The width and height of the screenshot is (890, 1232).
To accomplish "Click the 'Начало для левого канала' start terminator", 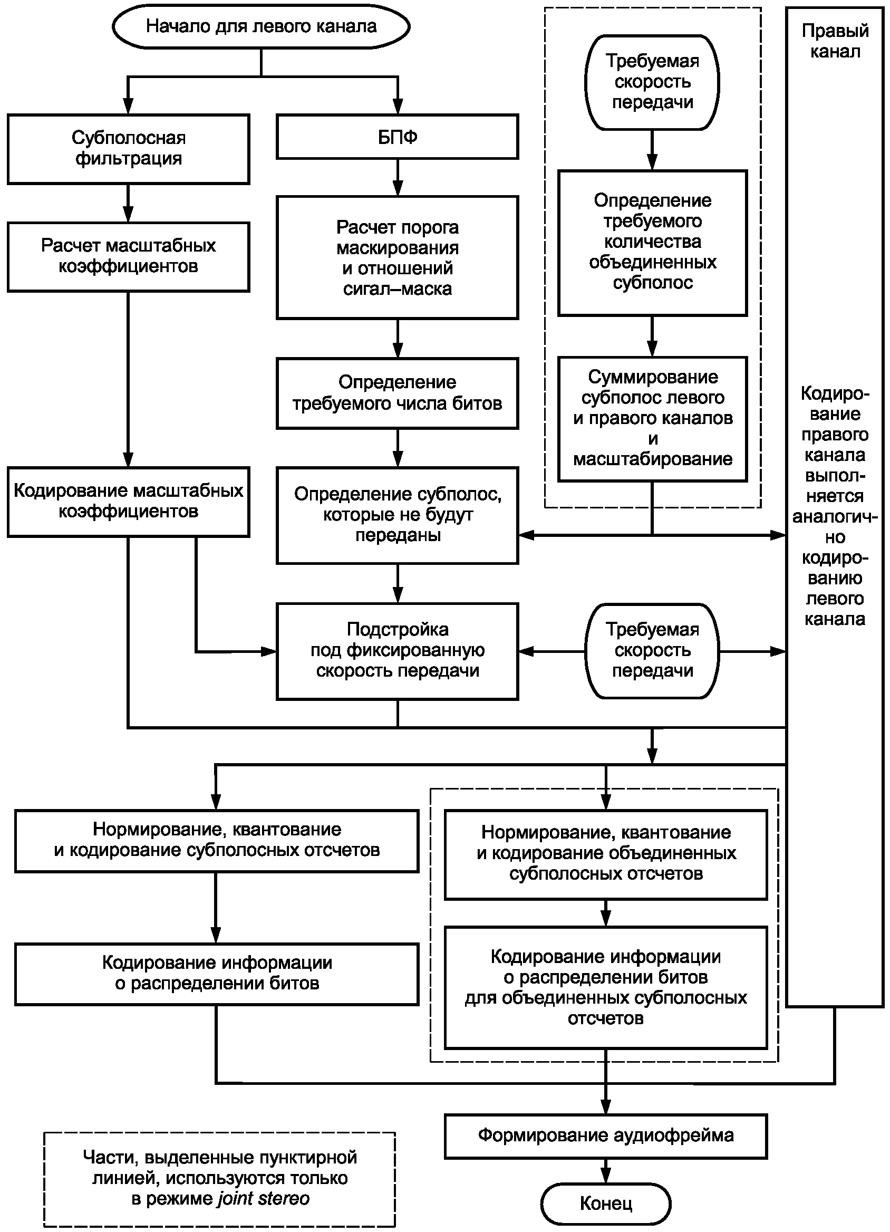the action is [x=260, y=26].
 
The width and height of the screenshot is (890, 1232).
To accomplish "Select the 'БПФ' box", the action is [x=398, y=137].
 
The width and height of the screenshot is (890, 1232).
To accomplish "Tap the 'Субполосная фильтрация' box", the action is [x=128, y=148].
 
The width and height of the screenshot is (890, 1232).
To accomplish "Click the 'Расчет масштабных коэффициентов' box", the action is [x=128, y=256].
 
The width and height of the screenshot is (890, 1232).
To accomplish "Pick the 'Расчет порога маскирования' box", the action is [x=398, y=257].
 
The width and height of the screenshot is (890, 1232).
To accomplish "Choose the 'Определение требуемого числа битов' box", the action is [x=398, y=393].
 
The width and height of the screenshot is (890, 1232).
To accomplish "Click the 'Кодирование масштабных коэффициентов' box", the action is [x=128, y=502].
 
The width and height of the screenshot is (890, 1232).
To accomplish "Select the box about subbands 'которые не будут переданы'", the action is [x=398, y=515].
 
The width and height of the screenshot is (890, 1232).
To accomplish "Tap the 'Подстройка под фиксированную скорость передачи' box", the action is [x=398, y=651].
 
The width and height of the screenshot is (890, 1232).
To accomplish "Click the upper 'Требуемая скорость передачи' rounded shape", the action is [x=652, y=82].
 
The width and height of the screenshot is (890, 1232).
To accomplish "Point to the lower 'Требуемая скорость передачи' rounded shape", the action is [x=652, y=650].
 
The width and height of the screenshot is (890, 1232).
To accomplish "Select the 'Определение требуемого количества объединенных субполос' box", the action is [x=653, y=242].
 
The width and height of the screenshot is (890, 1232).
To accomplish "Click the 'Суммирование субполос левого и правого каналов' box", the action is [x=653, y=418].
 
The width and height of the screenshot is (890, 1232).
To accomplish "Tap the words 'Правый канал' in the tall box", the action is [x=835, y=41].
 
